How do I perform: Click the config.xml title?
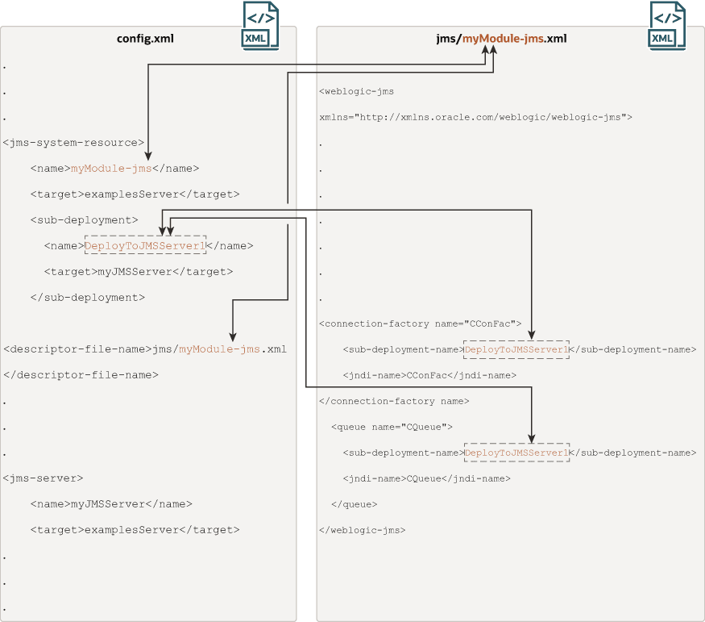(x=145, y=39)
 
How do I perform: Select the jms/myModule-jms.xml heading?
(x=501, y=39)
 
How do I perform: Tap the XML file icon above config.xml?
(x=261, y=26)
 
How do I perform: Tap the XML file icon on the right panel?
(x=667, y=26)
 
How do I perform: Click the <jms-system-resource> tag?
(x=73, y=143)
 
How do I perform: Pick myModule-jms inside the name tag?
(x=111, y=169)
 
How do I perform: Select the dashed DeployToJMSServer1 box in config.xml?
(x=145, y=244)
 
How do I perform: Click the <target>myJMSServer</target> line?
(x=139, y=272)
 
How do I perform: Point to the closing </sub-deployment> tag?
(x=88, y=298)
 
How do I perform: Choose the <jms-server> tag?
(x=43, y=478)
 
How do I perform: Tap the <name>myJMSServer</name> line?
(x=111, y=504)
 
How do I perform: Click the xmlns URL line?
(x=475, y=118)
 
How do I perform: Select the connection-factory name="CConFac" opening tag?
(x=420, y=324)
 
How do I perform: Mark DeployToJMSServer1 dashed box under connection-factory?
(x=516, y=349)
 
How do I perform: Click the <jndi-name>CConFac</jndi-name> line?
(x=429, y=375)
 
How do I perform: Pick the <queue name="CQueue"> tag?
(x=392, y=427)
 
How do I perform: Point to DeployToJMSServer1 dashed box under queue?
(x=516, y=453)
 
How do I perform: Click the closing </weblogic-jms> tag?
(x=362, y=530)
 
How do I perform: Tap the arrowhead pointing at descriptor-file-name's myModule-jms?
(x=233, y=336)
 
